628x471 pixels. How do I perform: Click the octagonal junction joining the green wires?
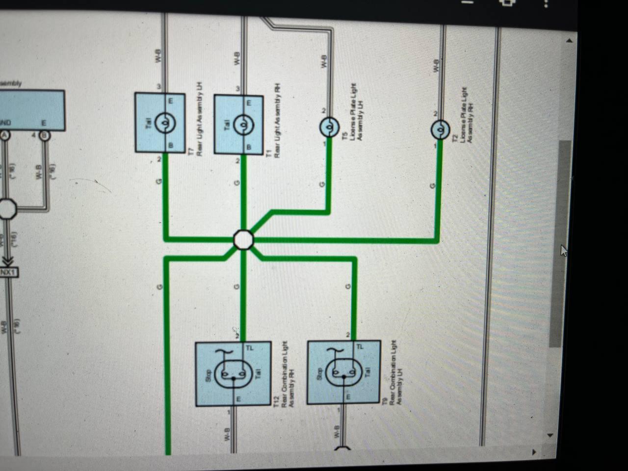tap(243, 240)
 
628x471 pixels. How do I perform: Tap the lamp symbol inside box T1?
tap(243, 126)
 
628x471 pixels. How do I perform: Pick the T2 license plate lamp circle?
tap(440, 130)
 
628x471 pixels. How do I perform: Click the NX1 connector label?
tap(8, 272)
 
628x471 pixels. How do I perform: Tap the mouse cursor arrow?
tap(564, 251)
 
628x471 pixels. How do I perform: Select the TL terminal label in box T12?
tap(250, 348)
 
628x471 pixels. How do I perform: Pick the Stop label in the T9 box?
tap(320, 374)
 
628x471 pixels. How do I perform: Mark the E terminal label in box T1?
tap(248, 103)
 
